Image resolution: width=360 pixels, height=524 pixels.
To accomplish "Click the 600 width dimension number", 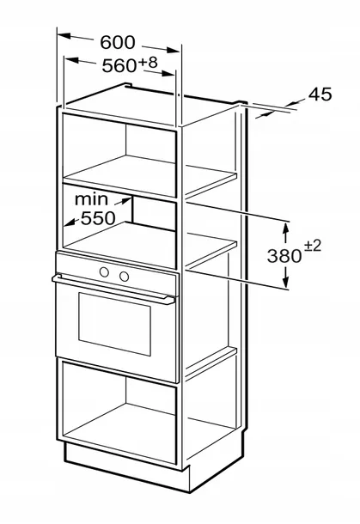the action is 118,42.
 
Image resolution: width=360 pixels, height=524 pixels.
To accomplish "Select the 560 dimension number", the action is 119,65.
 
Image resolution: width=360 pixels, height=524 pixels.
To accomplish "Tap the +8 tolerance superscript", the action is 148,62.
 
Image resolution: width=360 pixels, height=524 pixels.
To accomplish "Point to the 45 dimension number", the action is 320,94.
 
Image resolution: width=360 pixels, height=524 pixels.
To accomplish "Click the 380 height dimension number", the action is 284,256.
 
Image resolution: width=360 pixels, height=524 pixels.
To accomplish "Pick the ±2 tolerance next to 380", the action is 312,247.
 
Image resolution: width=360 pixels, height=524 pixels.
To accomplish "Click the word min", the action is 92,199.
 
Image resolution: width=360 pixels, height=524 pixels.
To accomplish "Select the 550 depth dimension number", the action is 98,218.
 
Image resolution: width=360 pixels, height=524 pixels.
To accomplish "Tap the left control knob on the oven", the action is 104,272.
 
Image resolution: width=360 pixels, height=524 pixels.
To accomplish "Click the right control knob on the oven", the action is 124,277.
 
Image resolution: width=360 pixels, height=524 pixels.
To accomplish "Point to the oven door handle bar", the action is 113,289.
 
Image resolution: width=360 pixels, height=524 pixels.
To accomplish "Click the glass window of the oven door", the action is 114,324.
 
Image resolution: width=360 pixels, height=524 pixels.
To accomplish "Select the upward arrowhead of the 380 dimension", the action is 285,228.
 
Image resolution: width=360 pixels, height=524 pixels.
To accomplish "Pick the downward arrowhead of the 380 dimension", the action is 285,282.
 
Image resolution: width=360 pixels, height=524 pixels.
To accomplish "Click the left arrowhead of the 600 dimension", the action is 64,35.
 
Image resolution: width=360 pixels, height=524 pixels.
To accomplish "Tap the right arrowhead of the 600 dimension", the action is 174,51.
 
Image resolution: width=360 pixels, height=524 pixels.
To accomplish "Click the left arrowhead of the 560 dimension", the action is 70,60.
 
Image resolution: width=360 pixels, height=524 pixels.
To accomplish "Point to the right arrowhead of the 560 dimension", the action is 168,73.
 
